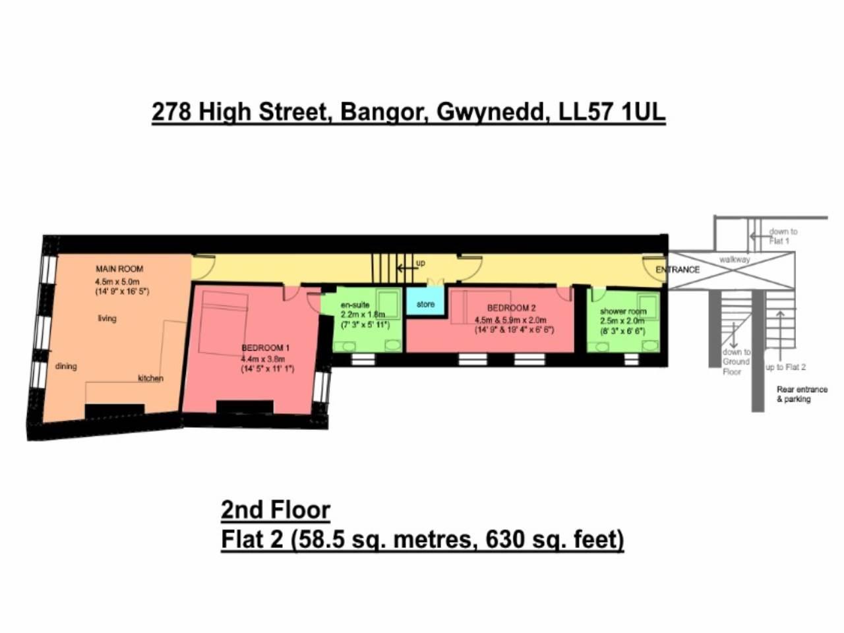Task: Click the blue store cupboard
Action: pyautogui.click(x=425, y=304)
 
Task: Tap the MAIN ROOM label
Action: pyautogui.click(x=119, y=269)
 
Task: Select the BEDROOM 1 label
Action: pyautogui.click(x=265, y=347)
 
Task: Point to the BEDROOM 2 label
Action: pyautogui.click(x=511, y=308)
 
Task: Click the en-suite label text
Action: pyautogui.click(x=355, y=305)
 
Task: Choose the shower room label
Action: pyautogui.click(x=623, y=311)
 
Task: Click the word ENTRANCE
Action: pyautogui.click(x=677, y=270)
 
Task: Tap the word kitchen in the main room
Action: pyautogui.click(x=150, y=378)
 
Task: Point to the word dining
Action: pyautogui.click(x=66, y=367)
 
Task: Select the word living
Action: pyautogui.click(x=107, y=318)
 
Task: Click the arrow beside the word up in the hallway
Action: pyautogui.click(x=404, y=268)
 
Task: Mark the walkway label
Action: pyautogui.click(x=735, y=260)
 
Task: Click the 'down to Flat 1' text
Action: pyautogui.click(x=783, y=236)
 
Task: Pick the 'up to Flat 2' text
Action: pyautogui.click(x=786, y=367)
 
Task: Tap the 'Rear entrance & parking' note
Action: pyautogui.click(x=802, y=394)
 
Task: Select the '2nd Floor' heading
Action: pyautogui.click(x=275, y=510)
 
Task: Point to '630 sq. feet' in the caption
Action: pyautogui.click(x=555, y=540)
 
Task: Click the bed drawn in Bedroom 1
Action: pyautogui.click(x=224, y=324)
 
